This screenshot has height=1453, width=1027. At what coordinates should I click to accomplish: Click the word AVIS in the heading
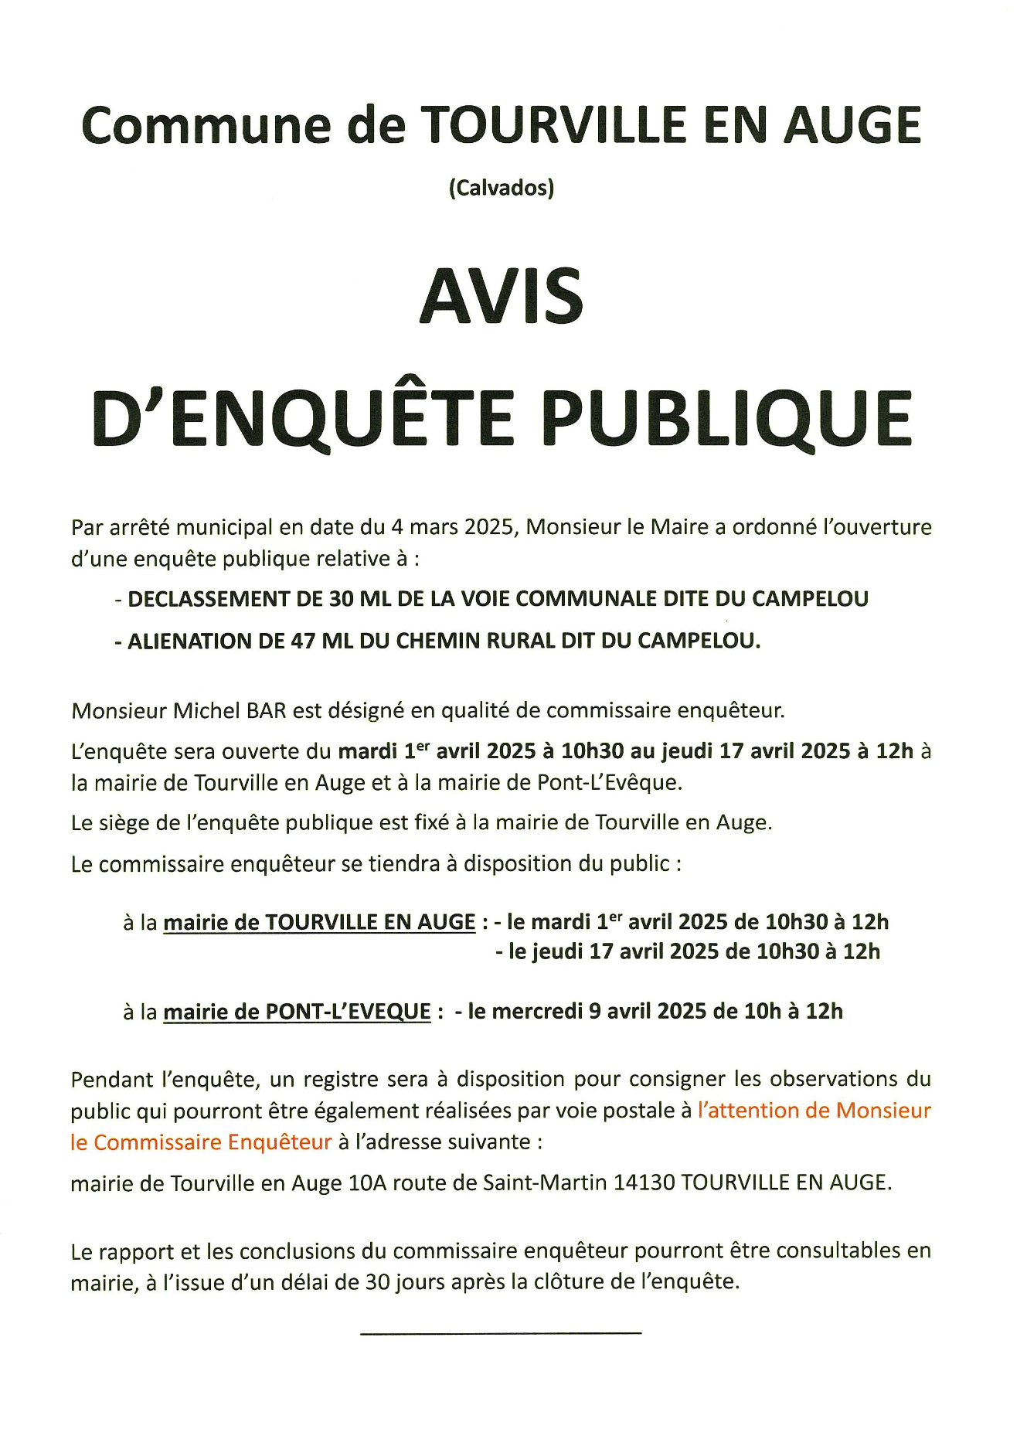click(502, 297)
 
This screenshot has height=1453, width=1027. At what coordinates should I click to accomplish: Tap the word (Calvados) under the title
click(502, 188)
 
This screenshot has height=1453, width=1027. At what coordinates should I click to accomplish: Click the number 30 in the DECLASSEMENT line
click(341, 599)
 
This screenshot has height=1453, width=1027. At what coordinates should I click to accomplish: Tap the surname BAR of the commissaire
click(267, 710)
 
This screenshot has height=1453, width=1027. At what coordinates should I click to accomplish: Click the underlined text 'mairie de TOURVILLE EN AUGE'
click(319, 922)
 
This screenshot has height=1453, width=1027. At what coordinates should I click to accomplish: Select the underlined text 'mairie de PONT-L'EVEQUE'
click(297, 1012)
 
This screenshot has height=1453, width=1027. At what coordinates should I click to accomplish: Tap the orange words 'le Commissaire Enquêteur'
click(201, 1142)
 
